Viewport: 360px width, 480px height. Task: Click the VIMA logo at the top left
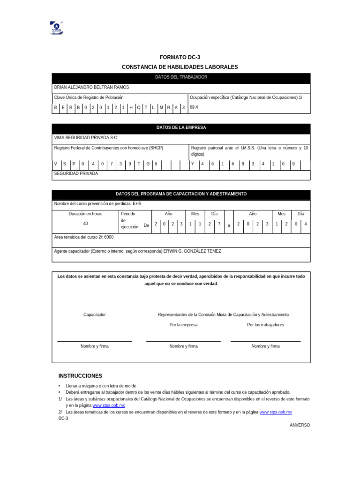tap(56, 28)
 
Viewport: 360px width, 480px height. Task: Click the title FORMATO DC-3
tap(180, 57)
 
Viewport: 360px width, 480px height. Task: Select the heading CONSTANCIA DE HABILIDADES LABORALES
tap(180, 67)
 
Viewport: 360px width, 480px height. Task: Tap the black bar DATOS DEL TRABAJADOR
tap(181, 77)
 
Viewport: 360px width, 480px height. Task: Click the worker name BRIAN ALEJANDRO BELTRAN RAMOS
tap(91, 87)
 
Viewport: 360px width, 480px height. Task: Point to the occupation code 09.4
tap(194, 107)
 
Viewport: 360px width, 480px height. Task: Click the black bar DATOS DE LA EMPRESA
tap(181, 127)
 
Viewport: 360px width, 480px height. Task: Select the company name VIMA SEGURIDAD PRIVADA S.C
tap(85, 138)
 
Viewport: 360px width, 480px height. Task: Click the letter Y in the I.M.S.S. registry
tap(192, 164)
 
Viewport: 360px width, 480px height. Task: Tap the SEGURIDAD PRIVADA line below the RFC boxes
tap(76, 173)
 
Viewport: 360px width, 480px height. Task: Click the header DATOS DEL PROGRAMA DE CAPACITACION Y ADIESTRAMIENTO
tap(181, 194)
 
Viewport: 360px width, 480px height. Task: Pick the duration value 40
tap(85, 224)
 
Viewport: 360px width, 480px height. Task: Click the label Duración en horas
tap(85, 214)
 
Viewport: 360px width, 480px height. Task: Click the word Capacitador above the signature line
tap(95, 315)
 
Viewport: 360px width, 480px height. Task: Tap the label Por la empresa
tap(183, 325)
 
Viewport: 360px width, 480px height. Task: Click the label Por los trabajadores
tap(265, 325)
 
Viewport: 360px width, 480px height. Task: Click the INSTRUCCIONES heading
tap(80, 376)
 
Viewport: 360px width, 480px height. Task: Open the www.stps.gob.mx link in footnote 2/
tap(276, 412)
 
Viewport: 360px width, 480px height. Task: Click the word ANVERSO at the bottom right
tap(300, 425)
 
